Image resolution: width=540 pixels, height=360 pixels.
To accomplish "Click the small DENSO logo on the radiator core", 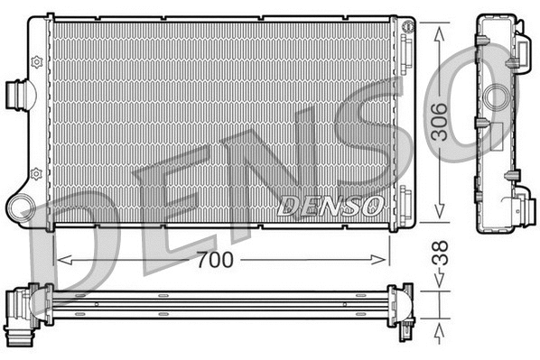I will tap(332, 205).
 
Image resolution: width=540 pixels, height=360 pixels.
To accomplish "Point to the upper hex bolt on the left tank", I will tap(36, 61).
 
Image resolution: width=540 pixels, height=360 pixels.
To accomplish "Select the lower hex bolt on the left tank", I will tap(36, 172).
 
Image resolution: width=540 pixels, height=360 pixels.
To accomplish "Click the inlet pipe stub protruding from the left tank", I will tap(17, 93).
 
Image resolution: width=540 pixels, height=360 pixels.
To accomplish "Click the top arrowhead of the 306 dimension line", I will tap(440, 31).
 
